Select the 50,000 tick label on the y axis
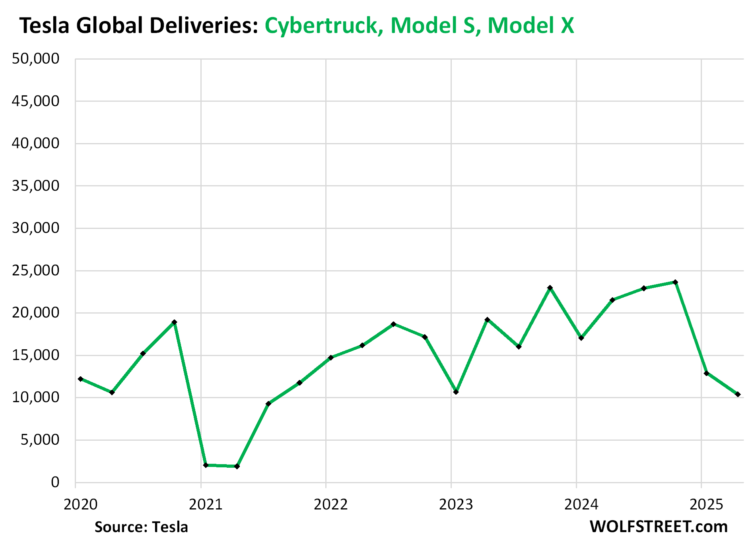[x=35, y=59]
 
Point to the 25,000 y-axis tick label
[x=35, y=271]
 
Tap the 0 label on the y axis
[x=55, y=482]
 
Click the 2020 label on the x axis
[x=80, y=504]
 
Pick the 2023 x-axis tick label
[x=456, y=504]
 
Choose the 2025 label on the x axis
[x=706, y=504]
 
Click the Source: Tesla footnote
[x=141, y=527]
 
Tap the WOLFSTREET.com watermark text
[x=659, y=527]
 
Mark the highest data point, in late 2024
[x=675, y=282]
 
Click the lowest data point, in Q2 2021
[x=237, y=466]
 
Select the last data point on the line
[x=738, y=394]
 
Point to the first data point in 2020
[x=81, y=379]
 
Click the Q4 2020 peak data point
[x=174, y=322]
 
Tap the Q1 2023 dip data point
[x=456, y=392]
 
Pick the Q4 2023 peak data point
[x=550, y=288]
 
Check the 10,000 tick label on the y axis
[x=35, y=397]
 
